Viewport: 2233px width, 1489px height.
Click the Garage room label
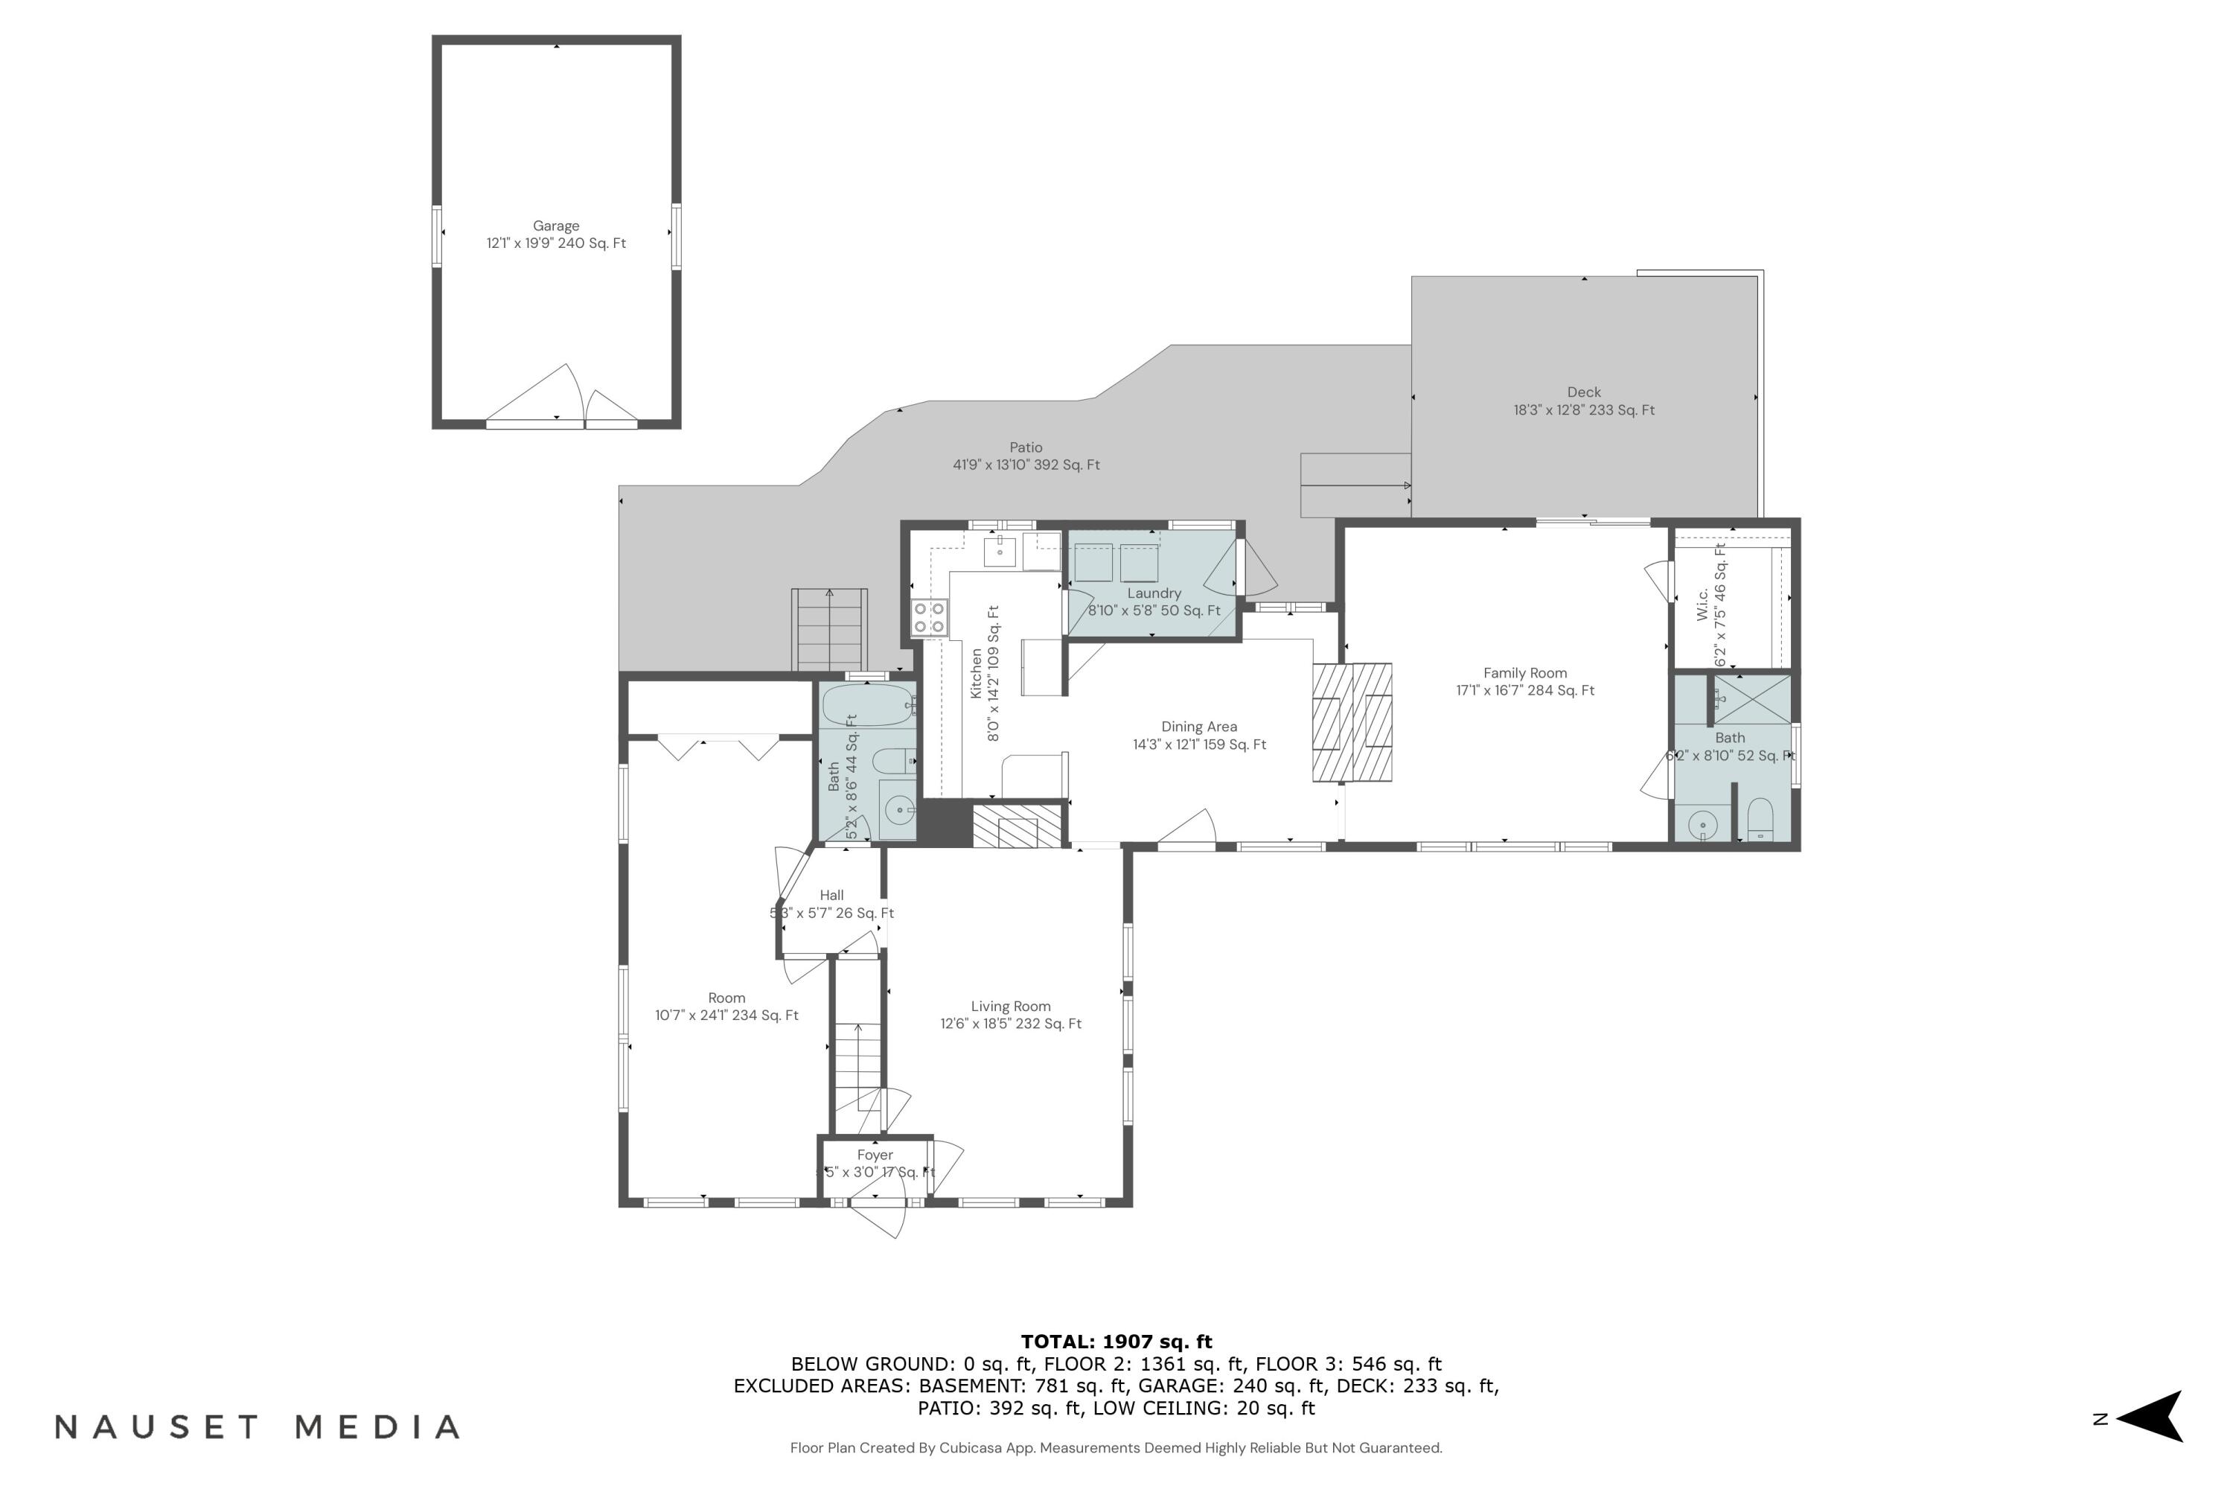click(x=555, y=226)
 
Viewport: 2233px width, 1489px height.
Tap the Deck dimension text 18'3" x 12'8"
click(x=1584, y=410)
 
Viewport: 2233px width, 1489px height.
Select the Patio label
click(x=1026, y=447)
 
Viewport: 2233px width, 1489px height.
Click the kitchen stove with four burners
click(x=930, y=618)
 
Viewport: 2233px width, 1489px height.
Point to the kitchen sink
click(x=1000, y=551)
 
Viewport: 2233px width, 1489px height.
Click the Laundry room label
click(x=1154, y=593)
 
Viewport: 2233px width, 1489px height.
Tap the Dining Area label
click(x=1198, y=727)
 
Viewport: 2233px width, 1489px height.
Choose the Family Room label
click(x=1524, y=673)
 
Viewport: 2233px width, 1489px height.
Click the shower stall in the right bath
click(x=1751, y=700)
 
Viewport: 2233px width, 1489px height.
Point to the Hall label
click(x=831, y=895)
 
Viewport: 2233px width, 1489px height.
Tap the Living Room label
click(x=1010, y=1007)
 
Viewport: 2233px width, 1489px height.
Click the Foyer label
click(x=875, y=1155)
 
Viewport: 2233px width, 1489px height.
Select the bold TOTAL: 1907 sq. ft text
click(x=1116, y=1342)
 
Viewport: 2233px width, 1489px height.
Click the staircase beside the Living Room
click(x=858, y=1064)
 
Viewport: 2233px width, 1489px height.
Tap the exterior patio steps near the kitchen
click(x=830, y=630)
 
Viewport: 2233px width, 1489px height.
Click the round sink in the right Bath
click(x=1702, y=826)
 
